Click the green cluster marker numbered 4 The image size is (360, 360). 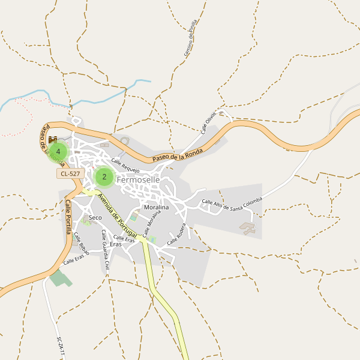coord(58,152)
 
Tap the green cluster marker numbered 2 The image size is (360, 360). coord(104,177)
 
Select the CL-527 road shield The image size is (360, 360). coord(71,174)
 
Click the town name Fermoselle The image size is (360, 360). coord(138,179)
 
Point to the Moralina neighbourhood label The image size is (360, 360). coord(157,207)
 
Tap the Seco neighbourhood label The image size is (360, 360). coord(95,217)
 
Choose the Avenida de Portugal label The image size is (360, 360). coord(117,212)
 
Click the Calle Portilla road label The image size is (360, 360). coord(68,217)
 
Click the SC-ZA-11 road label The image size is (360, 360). coord(60,347)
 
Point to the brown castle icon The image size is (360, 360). coord(53,140)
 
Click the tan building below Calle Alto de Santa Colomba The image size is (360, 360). coord(247,227)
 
